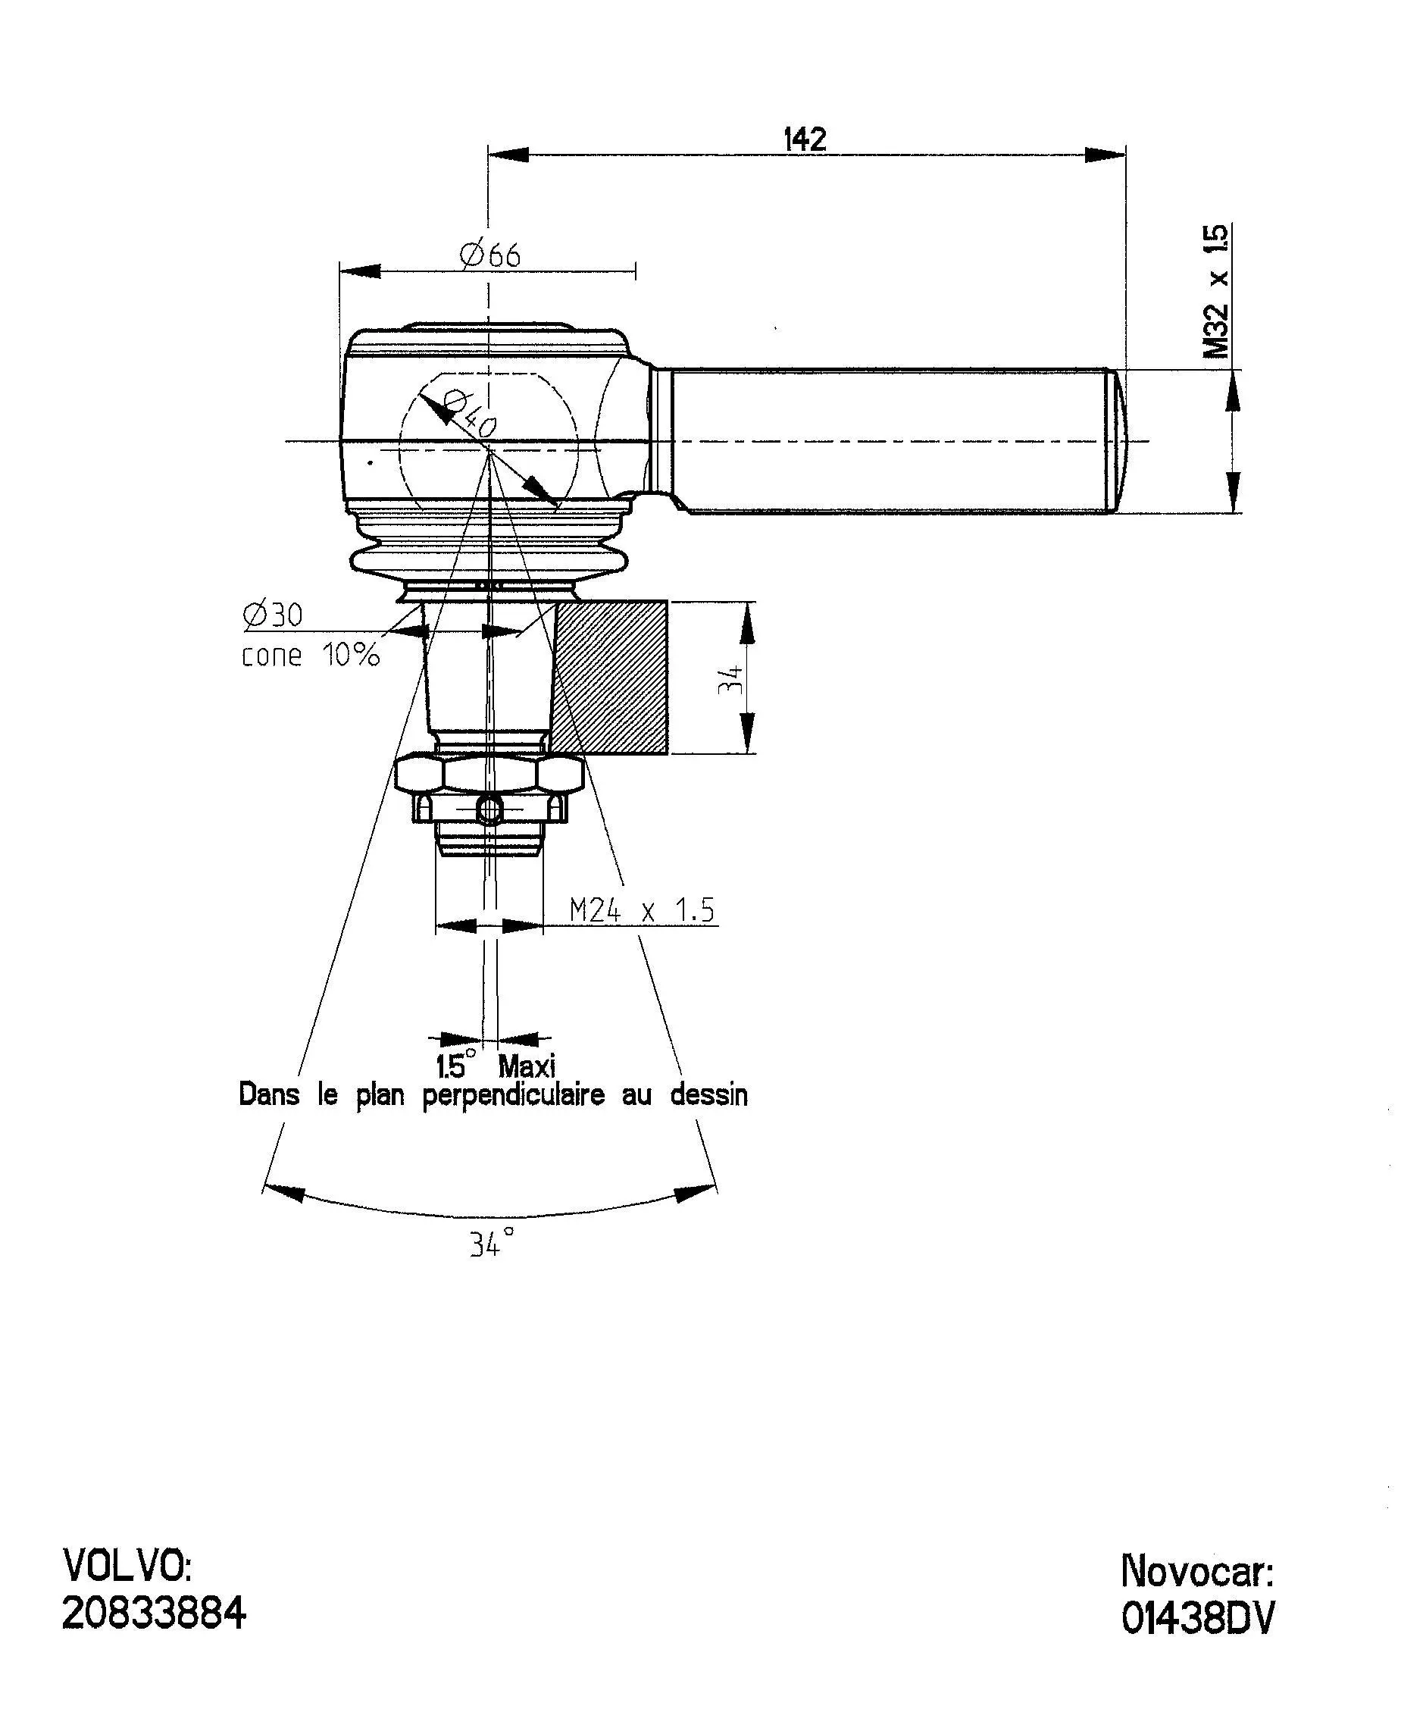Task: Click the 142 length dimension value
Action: coord(805,139)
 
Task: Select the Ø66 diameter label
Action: coord(491,255)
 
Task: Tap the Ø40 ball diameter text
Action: coord(470,412)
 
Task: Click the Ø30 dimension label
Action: coord(273,615)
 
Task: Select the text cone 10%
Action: coord(311,655)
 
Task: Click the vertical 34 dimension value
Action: coord(731,678)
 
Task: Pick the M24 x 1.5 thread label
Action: coord(643,910)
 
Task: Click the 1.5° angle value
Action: coord(456,1066)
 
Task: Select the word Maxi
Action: coord(527,1066)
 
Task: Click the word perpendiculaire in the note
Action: coord(513,1096)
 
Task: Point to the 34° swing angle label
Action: coord(492,1244)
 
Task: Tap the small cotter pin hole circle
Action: coord(489,808)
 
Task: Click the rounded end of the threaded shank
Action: coord(1120,440)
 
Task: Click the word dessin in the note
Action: coord(708,1095)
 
